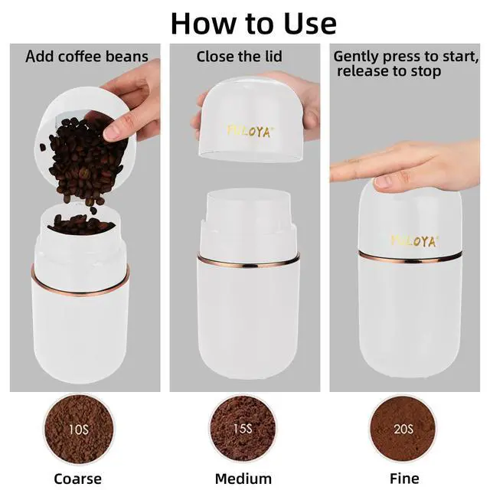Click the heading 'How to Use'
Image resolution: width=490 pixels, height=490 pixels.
(253, 24)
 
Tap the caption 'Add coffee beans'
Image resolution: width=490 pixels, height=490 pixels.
(87, 57)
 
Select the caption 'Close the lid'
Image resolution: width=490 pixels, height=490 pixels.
(240, 57)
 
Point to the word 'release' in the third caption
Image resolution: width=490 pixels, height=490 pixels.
(363, 70)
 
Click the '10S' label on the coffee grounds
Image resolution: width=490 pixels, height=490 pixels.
(78, 430)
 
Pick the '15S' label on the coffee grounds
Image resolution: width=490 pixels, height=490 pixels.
(243, 429)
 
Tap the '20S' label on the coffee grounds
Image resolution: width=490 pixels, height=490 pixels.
(403, 429)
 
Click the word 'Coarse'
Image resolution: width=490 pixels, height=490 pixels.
(78, 479)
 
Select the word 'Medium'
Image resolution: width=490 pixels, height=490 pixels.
(243, 479)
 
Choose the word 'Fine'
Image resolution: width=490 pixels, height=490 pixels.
(404, 479)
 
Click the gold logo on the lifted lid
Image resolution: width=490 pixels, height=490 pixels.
(248, 131)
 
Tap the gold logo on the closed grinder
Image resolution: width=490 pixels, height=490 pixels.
(414, 241)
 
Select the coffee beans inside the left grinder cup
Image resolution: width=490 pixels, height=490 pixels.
(80, 224)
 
